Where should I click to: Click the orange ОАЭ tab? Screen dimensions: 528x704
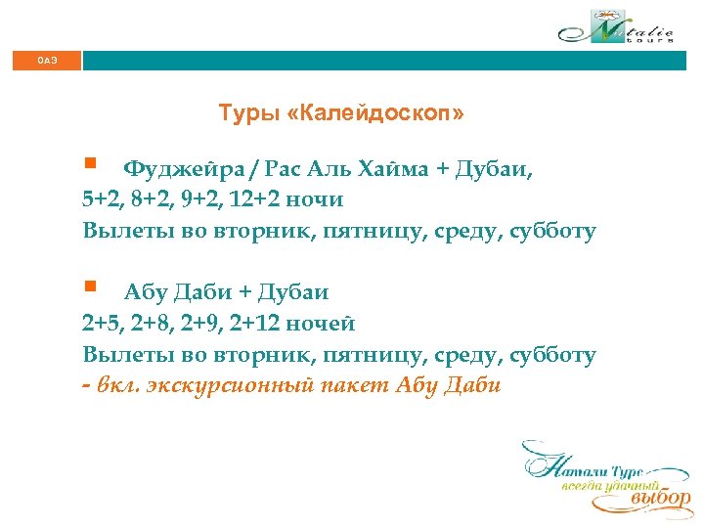click(x=47, y=61)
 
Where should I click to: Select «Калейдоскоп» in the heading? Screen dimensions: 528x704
click(x=376, y=114)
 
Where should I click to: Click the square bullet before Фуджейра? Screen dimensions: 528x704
click(x=90, y=163)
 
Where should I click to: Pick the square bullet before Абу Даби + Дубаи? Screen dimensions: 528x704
click(x=90, y=286)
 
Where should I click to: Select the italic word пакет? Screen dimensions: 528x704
click(x=356, y=384)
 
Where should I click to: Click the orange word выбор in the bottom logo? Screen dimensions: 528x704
click(x=660, y=499)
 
